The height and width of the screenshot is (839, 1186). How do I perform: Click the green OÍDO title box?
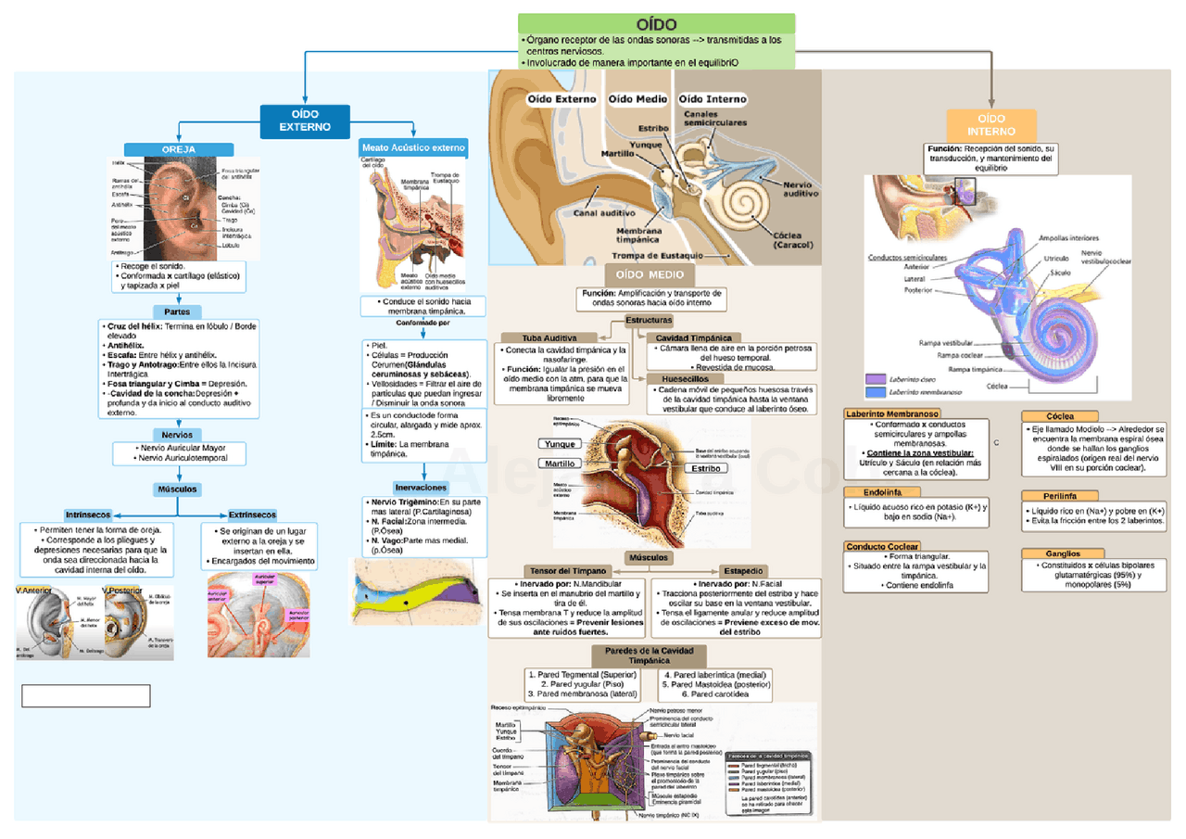point(656,24)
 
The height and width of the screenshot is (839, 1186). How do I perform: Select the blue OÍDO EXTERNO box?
point(305,120)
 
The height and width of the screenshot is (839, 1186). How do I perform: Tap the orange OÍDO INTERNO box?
point(990,125)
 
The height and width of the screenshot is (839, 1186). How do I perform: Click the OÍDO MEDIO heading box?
point(650,275)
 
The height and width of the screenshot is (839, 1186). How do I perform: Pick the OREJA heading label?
point(179,149)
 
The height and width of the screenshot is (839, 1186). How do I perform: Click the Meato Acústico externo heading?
point(413,147)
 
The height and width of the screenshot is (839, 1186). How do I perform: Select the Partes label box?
point(177,312)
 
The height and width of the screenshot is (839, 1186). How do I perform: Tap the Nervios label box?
point(177,434)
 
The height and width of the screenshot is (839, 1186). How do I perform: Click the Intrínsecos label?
point(88,515)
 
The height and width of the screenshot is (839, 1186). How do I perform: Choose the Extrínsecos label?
point(252,515)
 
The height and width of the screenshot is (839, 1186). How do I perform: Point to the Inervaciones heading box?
point(421,488)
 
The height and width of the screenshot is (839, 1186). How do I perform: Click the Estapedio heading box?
point(742,571)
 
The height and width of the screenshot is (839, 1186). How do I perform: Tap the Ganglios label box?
point(1062,553)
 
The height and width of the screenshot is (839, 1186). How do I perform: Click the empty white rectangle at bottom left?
point(85,696)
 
